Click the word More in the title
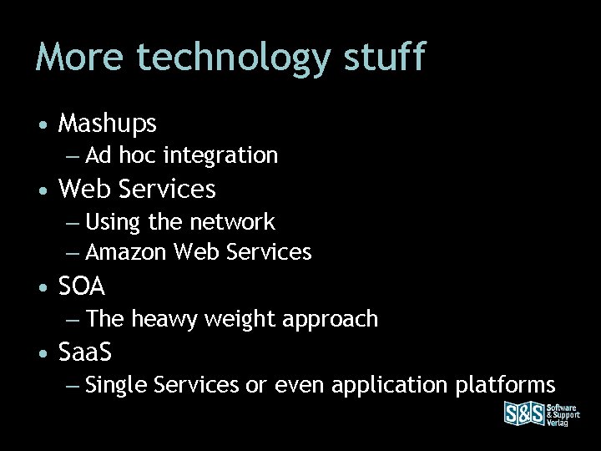click(82, 57)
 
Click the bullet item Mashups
click(108, 124)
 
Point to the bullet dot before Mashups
click(42, 125)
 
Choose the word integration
click(221, 156)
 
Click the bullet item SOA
click(82, 286)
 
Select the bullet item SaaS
click(86, 352)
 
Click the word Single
click(115, 385)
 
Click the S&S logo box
click(523, 414)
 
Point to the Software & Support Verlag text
click(563, 414)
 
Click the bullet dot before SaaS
click(42, 353)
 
